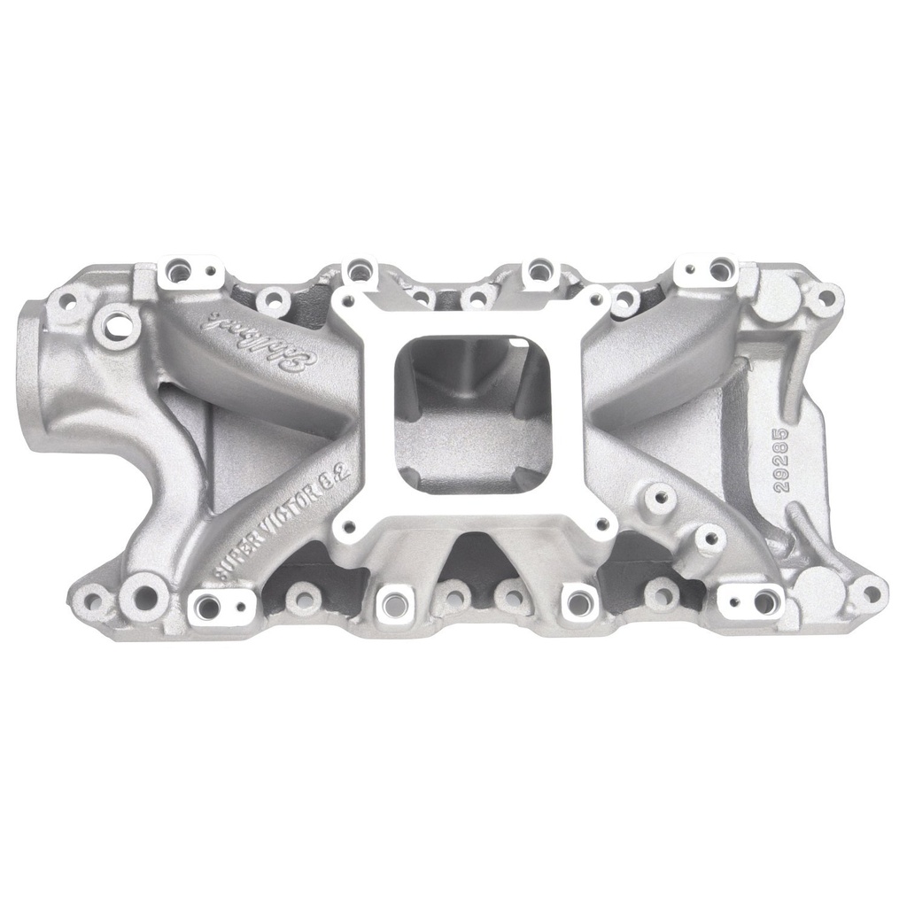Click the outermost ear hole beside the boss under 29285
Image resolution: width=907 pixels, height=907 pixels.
(872, 592)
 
